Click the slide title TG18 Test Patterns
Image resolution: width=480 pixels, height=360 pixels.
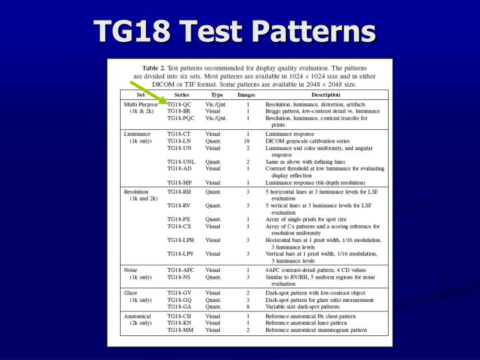click(x=234, y=31)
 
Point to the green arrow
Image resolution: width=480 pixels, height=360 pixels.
click(x=147, y=93)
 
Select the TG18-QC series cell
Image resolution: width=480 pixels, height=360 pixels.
click(x=179, y=105)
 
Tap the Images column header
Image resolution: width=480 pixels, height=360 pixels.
click(x=247, y=95)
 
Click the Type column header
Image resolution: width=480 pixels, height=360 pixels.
click(x=217, y=95)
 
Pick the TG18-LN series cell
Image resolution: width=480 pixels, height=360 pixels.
click(x=179, y=141)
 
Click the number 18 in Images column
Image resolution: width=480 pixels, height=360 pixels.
click(x=247, y=141)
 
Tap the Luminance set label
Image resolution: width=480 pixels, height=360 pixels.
click(x=137, y=134)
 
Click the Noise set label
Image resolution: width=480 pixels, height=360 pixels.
click(x=131, y=269)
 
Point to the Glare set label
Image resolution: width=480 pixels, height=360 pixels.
click(x=131, y=293)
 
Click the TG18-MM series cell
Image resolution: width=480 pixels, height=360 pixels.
click(x=180, y=329)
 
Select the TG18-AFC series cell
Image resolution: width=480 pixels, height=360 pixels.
click(x=181, y=269)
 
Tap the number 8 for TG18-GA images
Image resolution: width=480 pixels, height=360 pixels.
click(x=247, y=307)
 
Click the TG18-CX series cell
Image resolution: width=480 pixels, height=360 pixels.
click(x=179, y=226)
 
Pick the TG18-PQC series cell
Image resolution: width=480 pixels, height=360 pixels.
click(x=181, y=118)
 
